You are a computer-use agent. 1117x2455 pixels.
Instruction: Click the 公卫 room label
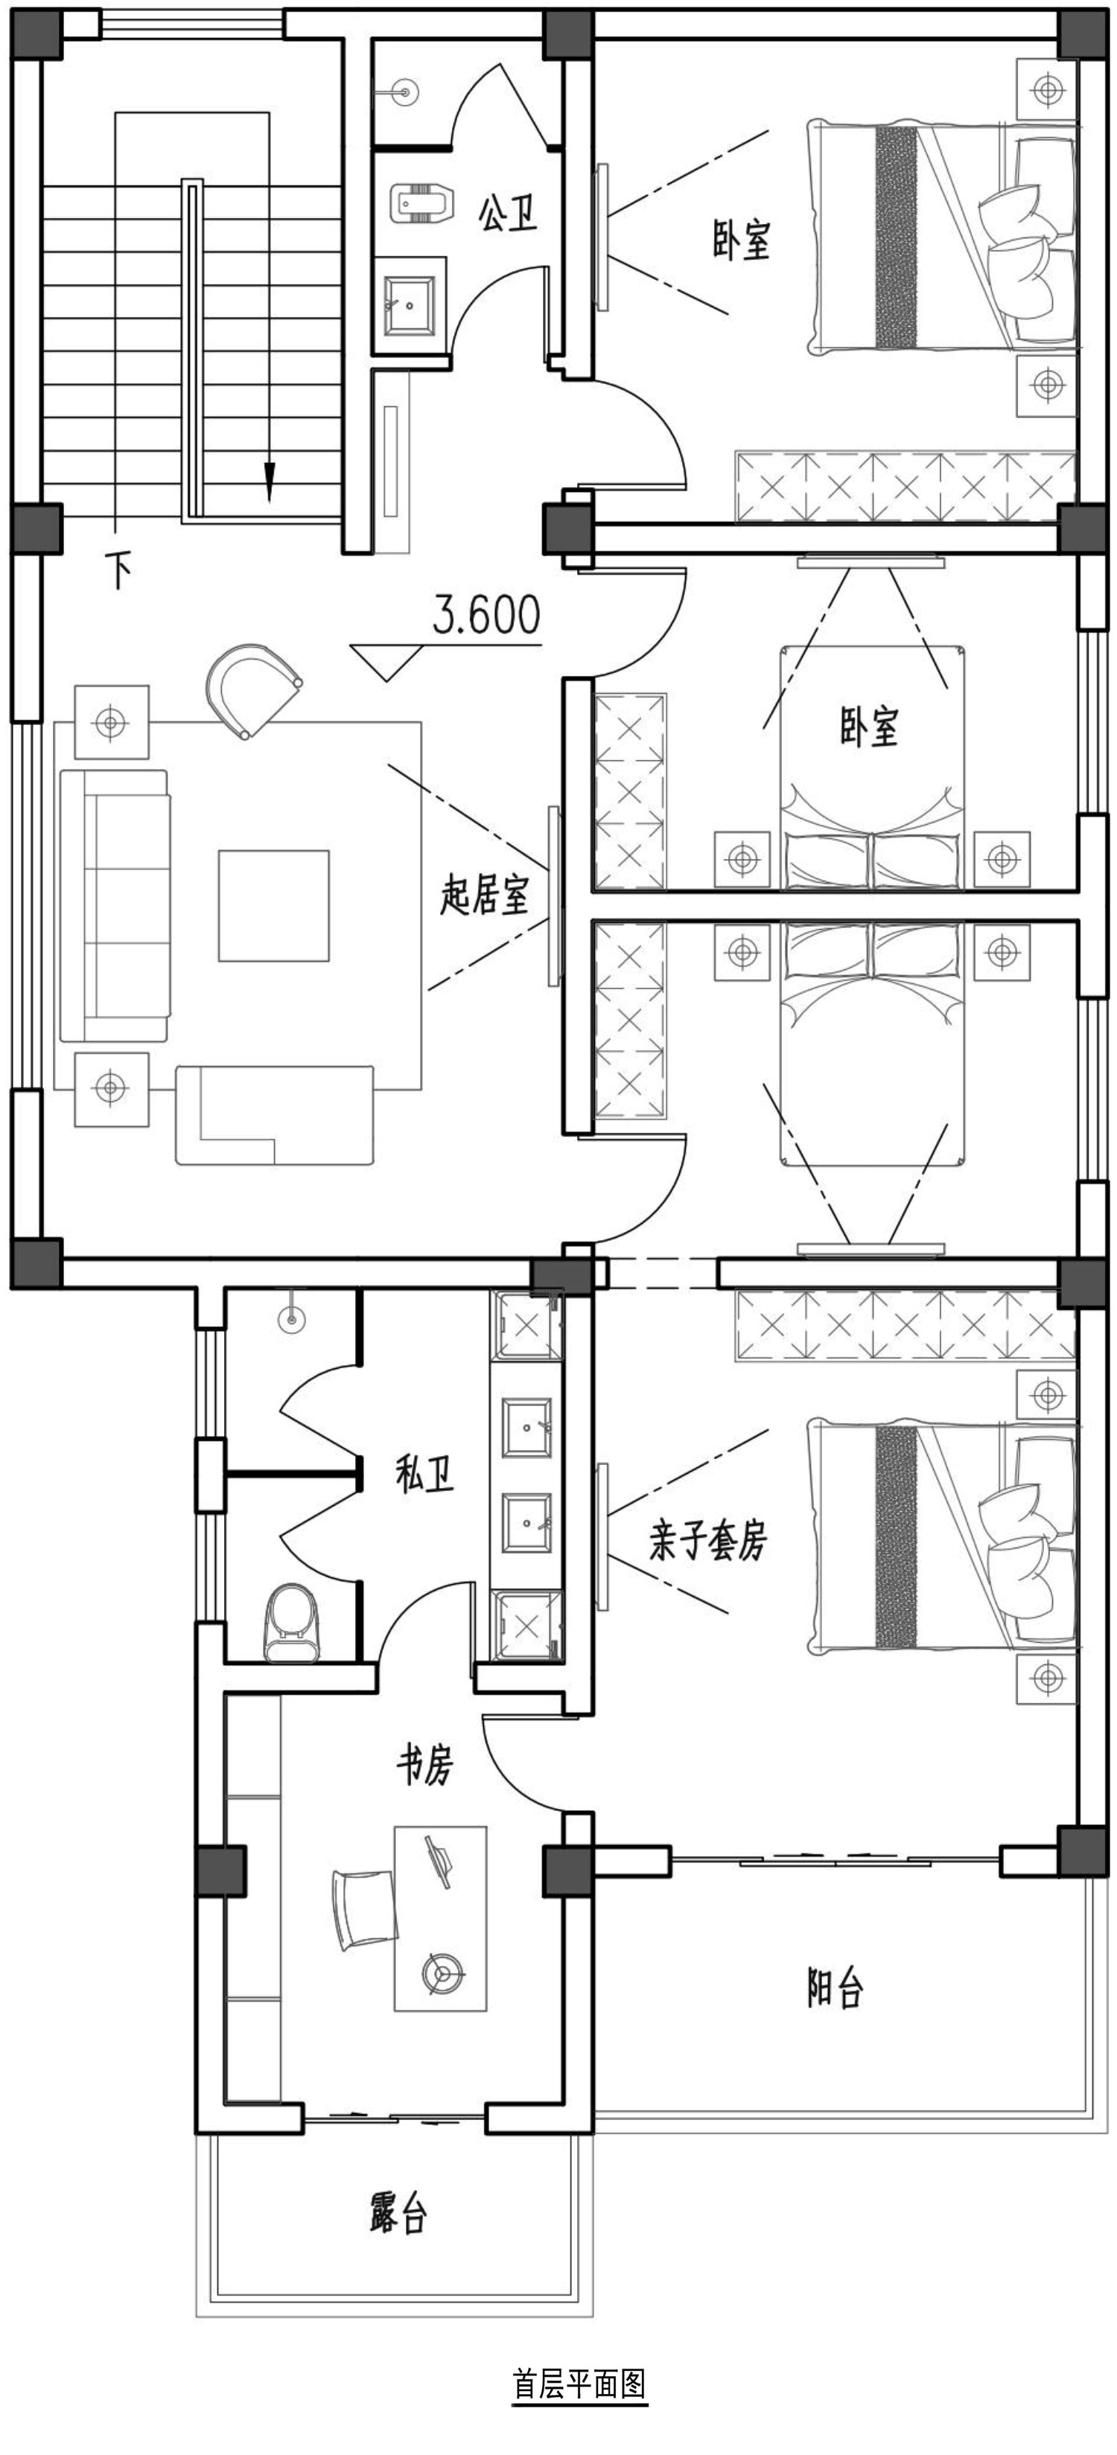[x=508, y=214]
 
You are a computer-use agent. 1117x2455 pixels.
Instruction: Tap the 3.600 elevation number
[x=486, y=615]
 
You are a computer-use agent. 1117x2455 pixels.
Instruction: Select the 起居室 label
[x=483, y=896]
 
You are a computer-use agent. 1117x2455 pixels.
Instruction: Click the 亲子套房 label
[x=708, y=1540]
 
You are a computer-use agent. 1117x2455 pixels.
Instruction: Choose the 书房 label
[x=424, y=1765]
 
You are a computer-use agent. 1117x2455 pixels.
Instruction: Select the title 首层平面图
[x=579, y=2384]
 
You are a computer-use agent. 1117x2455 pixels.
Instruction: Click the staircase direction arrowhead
[x=270, y=482]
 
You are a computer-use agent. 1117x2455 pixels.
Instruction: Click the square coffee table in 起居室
[x=273, y=905]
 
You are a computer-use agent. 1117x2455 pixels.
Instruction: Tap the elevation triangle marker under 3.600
[x=387, y=663]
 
